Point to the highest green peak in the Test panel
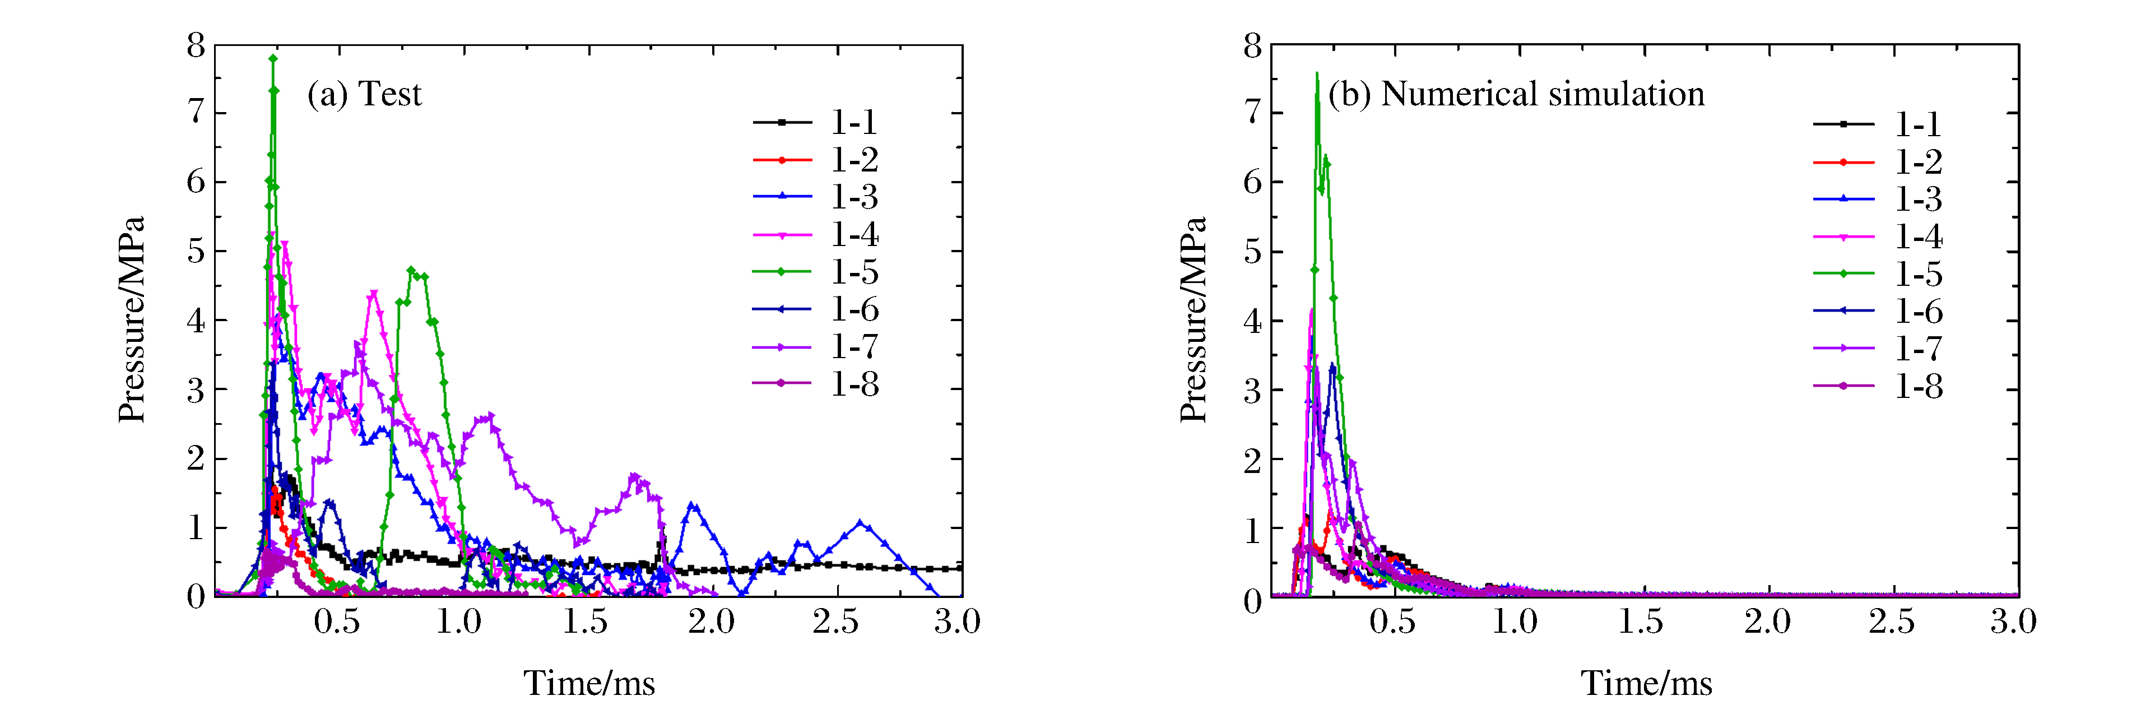273,59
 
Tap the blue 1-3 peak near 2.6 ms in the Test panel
860,523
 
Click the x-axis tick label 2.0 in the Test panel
711,622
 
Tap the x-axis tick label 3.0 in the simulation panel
2013,622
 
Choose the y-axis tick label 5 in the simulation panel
1252,251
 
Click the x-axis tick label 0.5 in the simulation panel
1392,622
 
